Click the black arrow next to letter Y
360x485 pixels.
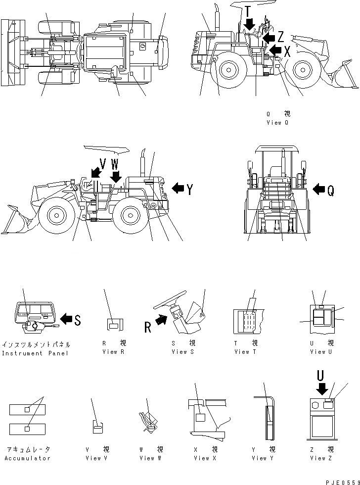pos(177,188)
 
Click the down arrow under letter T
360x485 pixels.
pos(250,23)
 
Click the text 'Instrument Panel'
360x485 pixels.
pos(36,353)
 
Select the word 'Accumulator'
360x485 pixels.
pos(28,458)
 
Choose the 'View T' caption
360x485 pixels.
pos(245,352)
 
